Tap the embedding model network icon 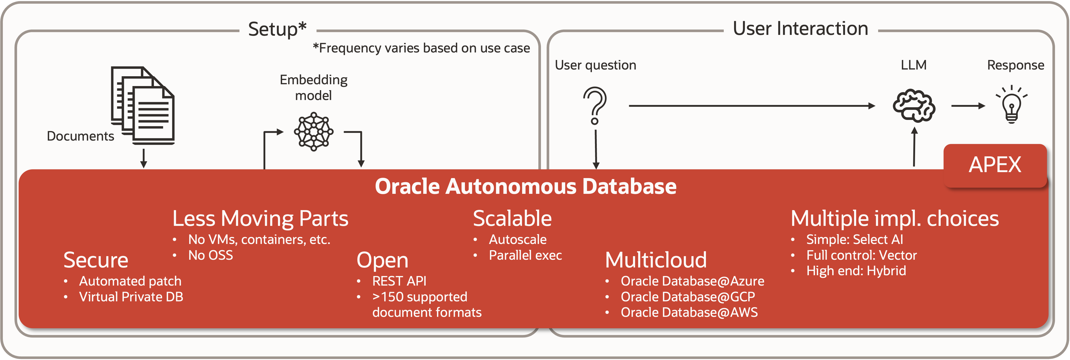click(x=314, y=132)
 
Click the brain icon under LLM click(x=914, y=105)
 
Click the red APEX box click(x=995, y=165)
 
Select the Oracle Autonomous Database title click(x=525, y=186)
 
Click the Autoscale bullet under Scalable click(x=518, y=240)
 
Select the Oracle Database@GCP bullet click(x=688, y=297)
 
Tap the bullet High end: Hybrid click(x=856, y=271)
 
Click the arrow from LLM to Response click(x=968, y=106)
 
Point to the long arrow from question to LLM click(x=752, y=106)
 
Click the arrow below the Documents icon click(x=144, y=158)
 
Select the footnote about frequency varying click(x=421, y=48)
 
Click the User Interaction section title click(x=800, y=29)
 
